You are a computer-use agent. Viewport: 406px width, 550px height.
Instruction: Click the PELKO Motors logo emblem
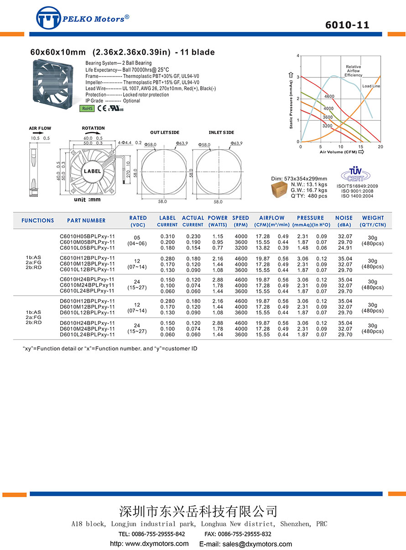pyautogui.click(x=48, y=18)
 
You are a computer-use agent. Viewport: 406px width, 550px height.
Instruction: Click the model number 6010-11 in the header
pyautogui.click(x=347, y=25)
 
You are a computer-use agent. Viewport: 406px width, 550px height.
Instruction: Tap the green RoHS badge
pyautogui.click(x=87, y=108)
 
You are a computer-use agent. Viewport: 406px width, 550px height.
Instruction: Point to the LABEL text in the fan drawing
pyautogui.click(x=92, y=171)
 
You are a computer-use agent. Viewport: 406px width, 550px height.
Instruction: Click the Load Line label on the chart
pyautogui.click(x=371, y=86)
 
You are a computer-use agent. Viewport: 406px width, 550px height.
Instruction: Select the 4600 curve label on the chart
pyautogui.click(x=329, y=97)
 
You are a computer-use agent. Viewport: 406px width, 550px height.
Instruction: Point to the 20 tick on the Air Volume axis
pyautogui.click(x=380, y=146)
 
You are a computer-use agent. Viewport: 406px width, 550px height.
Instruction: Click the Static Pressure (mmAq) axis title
pyautogui.click(x=291, y=100)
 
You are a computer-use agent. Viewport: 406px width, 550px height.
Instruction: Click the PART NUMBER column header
pyautogui.click(x=86, y=221)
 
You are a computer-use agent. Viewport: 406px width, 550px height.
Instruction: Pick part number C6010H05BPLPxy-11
pyautogui.click(x=87, y=236)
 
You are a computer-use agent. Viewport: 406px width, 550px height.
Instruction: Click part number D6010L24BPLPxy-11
pyautogui.click(x=87, y=334)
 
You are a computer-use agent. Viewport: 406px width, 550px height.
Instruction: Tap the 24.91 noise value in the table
pyautogui.click(x=345, y=248)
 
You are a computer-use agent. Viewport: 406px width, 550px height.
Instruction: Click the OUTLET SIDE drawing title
pyautogui.click(x=165, y=133)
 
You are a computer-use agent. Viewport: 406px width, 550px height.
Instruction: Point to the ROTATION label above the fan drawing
pyautogui.click(x=93, y=128)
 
